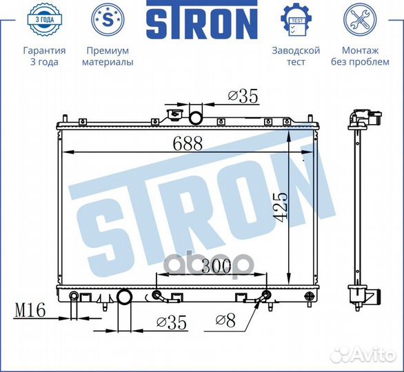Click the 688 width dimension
(188, 144)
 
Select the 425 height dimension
(280, 207)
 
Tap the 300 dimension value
(216, 267)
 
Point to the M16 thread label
(30, 310)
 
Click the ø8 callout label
(225, 321)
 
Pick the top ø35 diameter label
(243, 96)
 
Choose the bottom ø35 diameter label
(172, 322)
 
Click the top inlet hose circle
(196, 118)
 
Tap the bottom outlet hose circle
(125, 297)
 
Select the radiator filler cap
(174, 114)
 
